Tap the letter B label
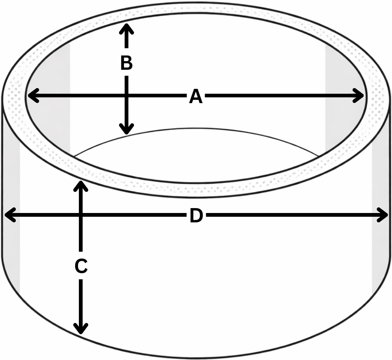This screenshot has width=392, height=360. pyautogui.click(x=127, y=63)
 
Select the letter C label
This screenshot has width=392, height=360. pyautogui.click(x=81, y=266)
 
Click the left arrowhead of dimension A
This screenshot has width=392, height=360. pyautogui.click(x=33, y=96)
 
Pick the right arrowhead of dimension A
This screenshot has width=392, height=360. pyautogui.click(x=358, y=96)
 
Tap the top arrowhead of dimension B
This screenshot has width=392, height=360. pyautogui.click(x=127, y=28)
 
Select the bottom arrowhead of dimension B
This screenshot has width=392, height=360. pyautogui.click(x=127, y=129)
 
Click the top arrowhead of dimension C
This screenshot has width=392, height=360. pyautogui.click(x=81, y=186)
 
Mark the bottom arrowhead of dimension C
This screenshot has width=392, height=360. pyautogui.click(x=81, y=328)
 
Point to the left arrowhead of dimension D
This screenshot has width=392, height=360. pyautogui.click(x=11, y=215)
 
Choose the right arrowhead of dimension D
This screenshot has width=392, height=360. pyautogui.click(x=382, y=215)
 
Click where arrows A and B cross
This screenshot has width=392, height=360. pyautogui.click(x=127, y=96)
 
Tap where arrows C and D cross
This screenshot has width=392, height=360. pyautogui.click(x=81, y=215)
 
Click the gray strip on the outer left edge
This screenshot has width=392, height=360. pyautogui.click(x=11, y=200)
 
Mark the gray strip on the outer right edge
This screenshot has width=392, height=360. pyautogui.click(x=381, y=200)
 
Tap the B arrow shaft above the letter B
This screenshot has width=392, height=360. pyautogui.click(x=127, y=37)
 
